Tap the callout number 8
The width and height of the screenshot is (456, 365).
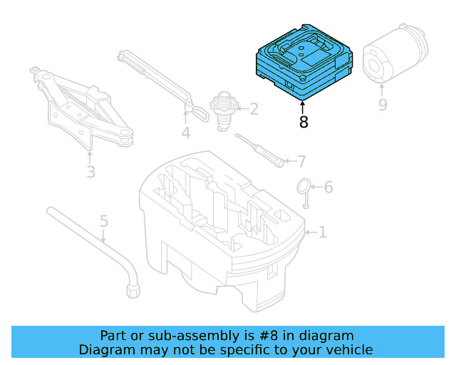click(x=304, y=122)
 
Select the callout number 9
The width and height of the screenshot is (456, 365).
click(x=383, y=105)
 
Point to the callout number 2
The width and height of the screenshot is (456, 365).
click(x=253, y=109)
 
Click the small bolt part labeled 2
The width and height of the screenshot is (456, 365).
click(x=226, y=110)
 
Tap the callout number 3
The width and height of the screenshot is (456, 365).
click(x=90, y=172)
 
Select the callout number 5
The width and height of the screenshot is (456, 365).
click(x=104, y=221)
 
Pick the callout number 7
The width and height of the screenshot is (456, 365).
click(x=301, y=161)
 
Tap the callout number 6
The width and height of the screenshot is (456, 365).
click(x=328, y=187)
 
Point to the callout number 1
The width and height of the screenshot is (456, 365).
click(x=322, y=232)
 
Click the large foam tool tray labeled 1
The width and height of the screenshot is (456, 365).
click(x=221, y=228)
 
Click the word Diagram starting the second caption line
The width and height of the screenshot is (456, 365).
click(x=105, y=349)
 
